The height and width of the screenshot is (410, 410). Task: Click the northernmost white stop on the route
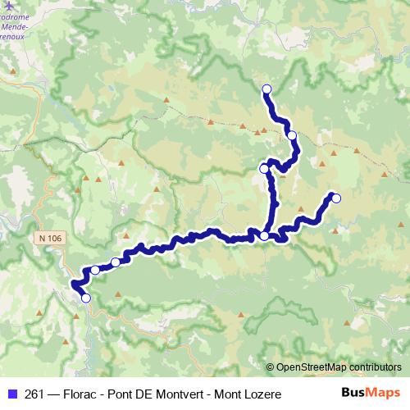click(x=266, y=89)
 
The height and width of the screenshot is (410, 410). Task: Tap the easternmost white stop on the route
click(x=335, y=197)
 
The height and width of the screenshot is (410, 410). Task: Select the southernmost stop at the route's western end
click(x=85, y=298)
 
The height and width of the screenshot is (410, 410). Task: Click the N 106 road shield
click(x=49, y=238)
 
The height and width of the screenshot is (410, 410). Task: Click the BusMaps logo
click(x=370, y=394)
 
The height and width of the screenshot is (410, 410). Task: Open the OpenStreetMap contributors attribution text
click(x=338, y=367)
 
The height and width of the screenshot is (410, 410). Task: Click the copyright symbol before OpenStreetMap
click(x=270, y=367)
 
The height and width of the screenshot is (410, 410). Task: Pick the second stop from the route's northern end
click(x=292, y=135)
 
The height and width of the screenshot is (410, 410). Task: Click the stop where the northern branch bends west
click(x=264, y=168)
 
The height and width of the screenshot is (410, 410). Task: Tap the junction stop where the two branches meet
click(x=264, y=236)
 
